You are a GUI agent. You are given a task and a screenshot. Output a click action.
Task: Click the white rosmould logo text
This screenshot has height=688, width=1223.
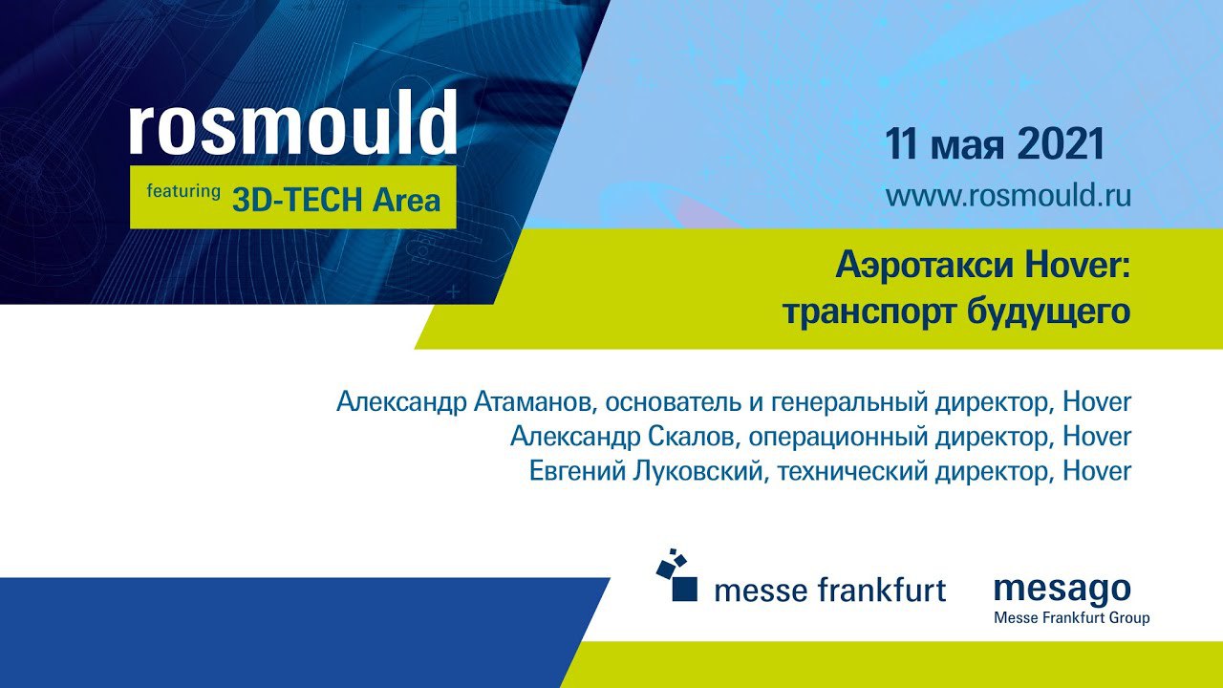[x=293, y=122]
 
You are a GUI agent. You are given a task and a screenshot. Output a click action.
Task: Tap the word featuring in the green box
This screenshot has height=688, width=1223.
[x=183, y=192]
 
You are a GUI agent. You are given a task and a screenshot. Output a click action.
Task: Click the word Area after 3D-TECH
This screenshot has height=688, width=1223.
[x=406, y=200]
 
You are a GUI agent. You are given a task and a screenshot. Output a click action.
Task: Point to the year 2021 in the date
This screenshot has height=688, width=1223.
[x=1062, y=143]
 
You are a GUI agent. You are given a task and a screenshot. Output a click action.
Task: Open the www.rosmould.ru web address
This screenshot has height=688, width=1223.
[x=1008, y=196]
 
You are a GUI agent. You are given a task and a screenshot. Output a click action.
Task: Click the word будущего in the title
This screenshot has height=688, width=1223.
[x=1048, y=312]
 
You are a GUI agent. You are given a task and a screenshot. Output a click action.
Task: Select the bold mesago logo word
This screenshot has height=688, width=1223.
[x=1062, y=591]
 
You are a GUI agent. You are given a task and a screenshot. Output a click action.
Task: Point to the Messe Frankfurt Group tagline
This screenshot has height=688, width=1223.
[x=1072, y=618]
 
